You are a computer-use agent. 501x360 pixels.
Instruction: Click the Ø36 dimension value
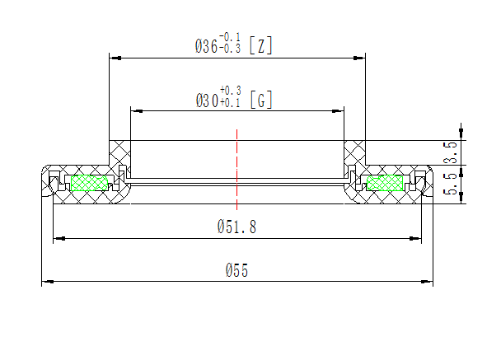(x=206, y=47)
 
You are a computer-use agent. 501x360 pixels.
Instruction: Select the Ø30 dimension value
(x=206, y=101)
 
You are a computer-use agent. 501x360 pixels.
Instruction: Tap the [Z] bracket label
(x=260, y=47)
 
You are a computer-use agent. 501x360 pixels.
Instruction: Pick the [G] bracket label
(x=260, y=101)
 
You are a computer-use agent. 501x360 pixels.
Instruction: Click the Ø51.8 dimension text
(x=236, y=227)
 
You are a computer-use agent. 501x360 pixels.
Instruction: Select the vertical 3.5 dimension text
(x=450, y=152)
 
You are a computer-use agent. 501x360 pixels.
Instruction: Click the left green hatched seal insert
(x=91, y=182)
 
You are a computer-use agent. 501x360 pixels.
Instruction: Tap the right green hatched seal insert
(x=386, y=182)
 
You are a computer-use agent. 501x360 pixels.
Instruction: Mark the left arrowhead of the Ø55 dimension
(x=47, y=282)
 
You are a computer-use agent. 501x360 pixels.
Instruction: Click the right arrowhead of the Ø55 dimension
(x=428, y=282)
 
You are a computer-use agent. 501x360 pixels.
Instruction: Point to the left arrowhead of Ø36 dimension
(x=116, y=58)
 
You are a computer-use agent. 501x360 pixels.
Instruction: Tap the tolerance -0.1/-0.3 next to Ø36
(x=230, y=43)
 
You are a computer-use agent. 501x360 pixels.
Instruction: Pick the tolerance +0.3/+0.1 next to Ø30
(x=230, y=96)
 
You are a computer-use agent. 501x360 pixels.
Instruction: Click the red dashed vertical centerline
(x=236, y=165)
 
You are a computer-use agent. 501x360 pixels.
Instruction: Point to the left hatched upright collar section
(x=119, y=152)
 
